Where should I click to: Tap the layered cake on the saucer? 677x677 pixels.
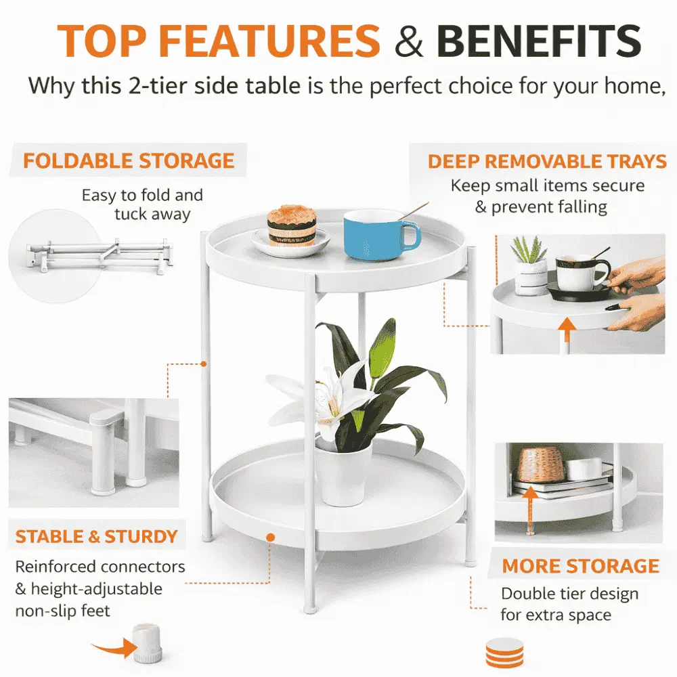pos(291,226)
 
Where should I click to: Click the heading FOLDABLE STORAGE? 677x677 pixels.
pos(129,161)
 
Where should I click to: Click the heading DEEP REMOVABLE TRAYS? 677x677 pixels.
pos(547,162)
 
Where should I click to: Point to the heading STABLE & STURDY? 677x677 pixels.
pos(97,537)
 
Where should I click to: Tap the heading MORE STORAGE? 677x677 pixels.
pos(581,566)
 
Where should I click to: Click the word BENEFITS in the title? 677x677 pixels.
pos(539,41)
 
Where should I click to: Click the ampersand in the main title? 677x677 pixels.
pos(408,41)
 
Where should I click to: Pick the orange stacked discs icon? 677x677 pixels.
pos(504,653)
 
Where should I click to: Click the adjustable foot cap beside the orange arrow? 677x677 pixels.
pos(148,643)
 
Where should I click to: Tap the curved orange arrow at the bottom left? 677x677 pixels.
pos(113,648)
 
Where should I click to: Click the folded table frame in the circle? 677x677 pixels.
pos(100,256)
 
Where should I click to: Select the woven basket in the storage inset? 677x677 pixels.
pos(541,465)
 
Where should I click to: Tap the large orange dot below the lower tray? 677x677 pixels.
pos(271,538)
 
